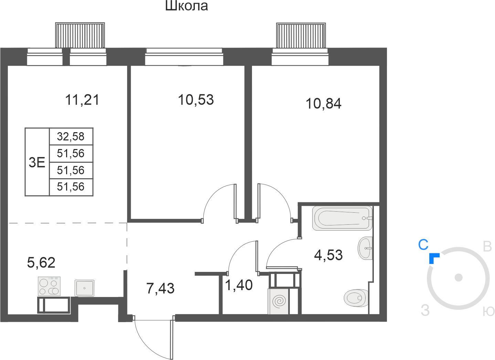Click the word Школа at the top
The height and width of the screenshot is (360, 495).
187,6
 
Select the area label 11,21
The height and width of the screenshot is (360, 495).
82,100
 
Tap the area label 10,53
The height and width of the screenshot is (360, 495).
196,100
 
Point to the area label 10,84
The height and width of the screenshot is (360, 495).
324,103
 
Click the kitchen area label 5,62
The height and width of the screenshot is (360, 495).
41,263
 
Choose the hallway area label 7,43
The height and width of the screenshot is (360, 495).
160,288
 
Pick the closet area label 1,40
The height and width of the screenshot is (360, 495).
239,285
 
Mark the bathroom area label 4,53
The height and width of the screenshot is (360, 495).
328,255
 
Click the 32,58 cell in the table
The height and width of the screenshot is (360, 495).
71,136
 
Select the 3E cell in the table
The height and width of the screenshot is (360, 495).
37,162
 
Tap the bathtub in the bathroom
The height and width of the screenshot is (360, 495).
342,218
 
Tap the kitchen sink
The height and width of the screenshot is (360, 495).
84,288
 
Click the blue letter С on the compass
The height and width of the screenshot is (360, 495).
423,245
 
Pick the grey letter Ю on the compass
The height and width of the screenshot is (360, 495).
488,311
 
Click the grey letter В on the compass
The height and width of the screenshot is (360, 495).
487,246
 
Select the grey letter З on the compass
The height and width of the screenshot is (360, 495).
425,310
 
